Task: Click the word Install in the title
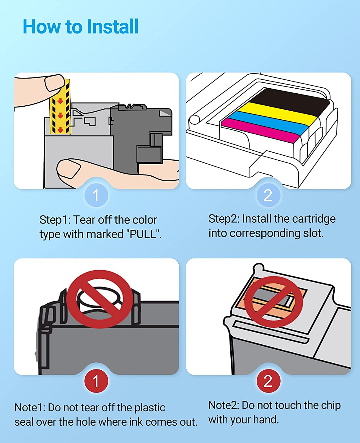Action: click(113, 26)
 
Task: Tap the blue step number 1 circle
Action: click(96, 195)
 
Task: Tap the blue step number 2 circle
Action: click(268, 195)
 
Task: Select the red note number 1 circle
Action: click(96, 381)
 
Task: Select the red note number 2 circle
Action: click(268, 381)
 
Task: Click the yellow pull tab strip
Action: click(60, 107)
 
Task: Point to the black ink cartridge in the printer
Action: click(291, 100)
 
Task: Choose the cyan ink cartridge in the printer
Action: click(268, 123)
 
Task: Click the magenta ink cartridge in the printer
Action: click(260, 131)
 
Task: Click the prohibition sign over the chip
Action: click(274, 302)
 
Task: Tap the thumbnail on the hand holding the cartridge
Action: click(68, 169)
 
